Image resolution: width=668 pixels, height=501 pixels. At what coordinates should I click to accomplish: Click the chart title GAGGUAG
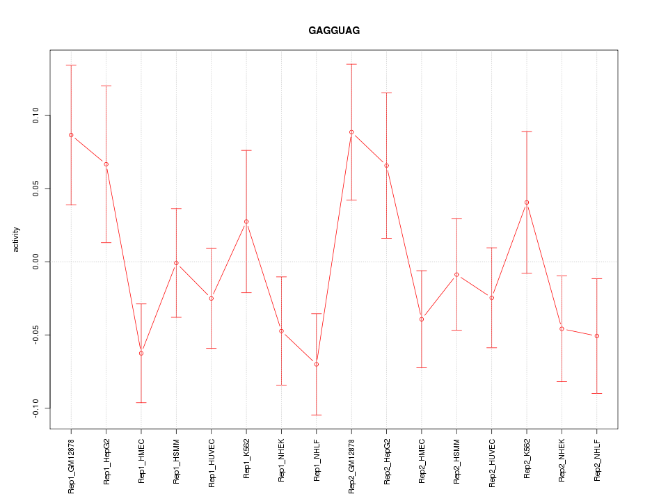334,31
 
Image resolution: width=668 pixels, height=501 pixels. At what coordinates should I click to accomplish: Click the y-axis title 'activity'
16,240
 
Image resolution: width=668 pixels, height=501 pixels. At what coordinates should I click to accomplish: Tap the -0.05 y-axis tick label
35,335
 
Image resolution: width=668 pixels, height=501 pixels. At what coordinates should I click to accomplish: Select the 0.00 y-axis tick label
35,262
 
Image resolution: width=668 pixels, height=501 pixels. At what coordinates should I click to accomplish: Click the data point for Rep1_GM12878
71,135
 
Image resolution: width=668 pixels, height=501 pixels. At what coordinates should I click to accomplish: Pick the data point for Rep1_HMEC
141,353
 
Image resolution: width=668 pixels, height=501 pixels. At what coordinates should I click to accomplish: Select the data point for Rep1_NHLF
317,364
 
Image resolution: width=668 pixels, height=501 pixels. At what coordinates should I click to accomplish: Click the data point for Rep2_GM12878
351,132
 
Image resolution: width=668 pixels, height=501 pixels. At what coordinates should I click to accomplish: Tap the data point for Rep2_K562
527,202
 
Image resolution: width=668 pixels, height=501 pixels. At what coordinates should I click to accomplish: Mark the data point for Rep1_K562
246,221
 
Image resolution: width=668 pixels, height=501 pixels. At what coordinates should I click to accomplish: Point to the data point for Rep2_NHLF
597,336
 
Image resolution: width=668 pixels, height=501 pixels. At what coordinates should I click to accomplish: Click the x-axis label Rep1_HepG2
106,461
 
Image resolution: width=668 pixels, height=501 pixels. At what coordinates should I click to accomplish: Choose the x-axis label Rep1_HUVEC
212,461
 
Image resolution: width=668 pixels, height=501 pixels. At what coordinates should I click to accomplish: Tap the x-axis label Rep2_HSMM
456,461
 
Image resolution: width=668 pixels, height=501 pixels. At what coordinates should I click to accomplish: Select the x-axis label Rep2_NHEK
562,461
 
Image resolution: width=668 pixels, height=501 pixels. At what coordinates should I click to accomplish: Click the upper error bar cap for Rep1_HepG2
106,86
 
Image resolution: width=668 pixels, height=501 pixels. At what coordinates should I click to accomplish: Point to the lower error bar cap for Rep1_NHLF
317,415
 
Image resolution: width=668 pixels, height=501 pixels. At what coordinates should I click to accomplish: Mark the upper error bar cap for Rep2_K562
527,132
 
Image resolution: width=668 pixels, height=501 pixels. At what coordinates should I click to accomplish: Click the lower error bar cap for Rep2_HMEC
422,367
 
